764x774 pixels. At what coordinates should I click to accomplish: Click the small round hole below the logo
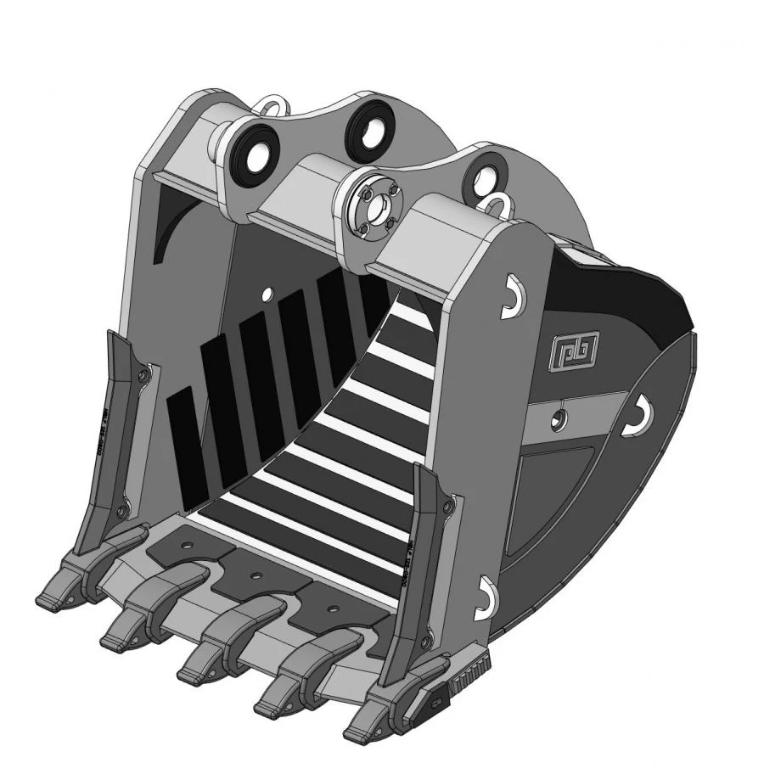click(x=558, y=418)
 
